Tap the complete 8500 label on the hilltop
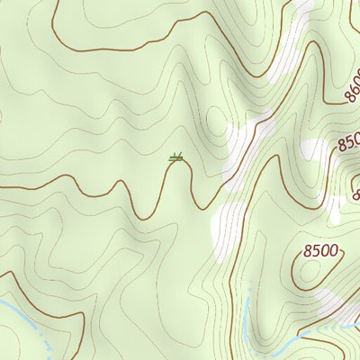pos(321,250)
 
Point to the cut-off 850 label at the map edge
pos(349,142)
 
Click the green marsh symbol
pos(177,158)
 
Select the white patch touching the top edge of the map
pos(301,7)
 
